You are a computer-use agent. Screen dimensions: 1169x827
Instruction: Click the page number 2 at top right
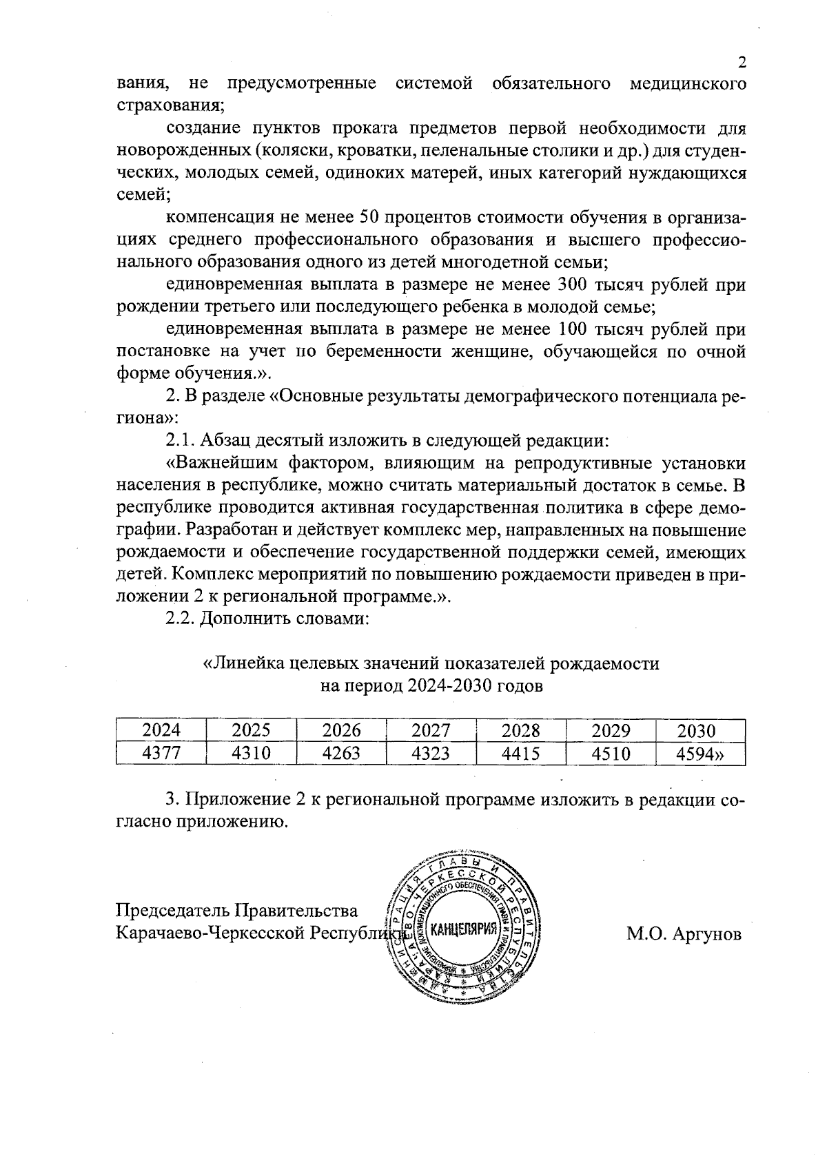742,63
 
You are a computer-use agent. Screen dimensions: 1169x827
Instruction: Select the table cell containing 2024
161,731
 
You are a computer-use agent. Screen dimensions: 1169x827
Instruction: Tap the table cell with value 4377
161,753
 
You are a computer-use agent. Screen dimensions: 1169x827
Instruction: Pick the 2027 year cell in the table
431,731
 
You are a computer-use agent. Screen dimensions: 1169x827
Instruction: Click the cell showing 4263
341,753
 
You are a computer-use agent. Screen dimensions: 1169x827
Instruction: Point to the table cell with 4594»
700,753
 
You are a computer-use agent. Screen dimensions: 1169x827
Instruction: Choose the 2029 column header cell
611,731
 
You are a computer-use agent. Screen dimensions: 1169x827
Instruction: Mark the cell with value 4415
520,753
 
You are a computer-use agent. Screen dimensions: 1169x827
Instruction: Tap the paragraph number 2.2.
180,618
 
